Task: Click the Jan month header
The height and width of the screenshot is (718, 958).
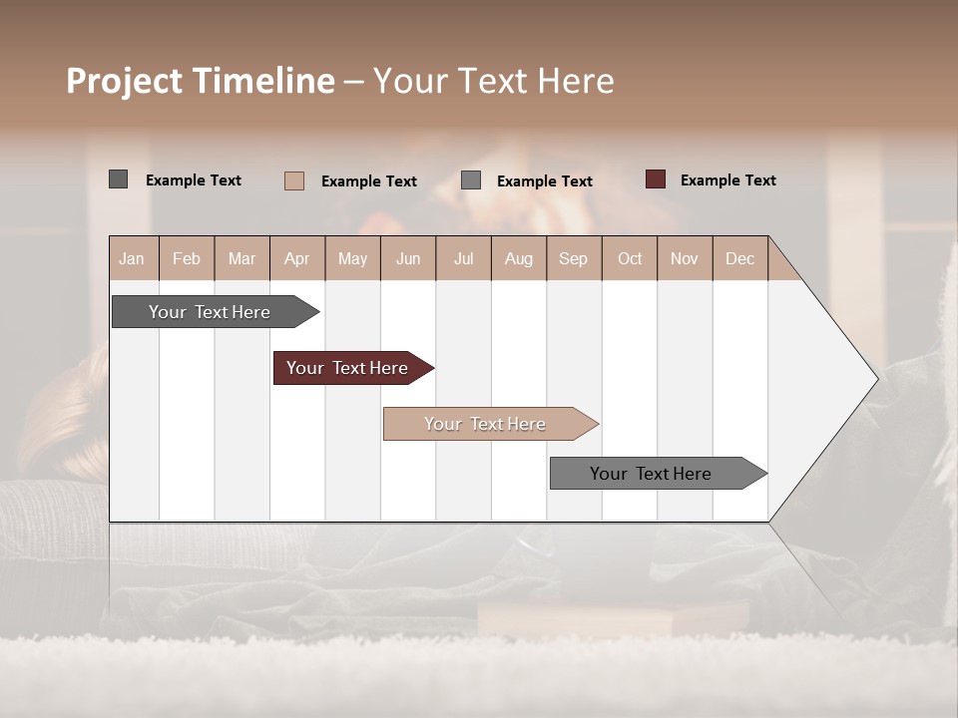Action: coord(132,258)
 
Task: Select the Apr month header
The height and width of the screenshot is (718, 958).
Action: coord(296,258)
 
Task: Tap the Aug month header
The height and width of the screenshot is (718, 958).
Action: coord(518,258)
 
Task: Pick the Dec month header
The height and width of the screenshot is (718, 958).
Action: coord(739,258)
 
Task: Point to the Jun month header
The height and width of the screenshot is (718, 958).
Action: coord(407,258)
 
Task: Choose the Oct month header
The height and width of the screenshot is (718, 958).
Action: coord(629,258)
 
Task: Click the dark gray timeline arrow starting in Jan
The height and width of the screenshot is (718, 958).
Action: coord(210,312)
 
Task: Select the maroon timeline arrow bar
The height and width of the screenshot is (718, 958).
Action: coord(347,368)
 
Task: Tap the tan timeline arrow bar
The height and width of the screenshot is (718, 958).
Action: coord(485,424)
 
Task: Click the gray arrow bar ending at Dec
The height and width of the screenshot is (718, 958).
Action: coord(651,474)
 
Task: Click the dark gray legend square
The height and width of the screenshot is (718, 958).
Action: coord(118,179)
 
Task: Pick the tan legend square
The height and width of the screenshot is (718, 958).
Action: coord(293,180)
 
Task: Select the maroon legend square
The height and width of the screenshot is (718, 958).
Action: coord(655,179)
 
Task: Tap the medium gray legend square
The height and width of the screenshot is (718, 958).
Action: coord(471,180)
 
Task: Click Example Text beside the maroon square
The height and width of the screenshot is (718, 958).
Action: coord(727,179)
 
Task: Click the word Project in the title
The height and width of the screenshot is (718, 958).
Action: coord(124,81)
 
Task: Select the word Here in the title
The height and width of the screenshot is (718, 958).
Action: coord(576,81)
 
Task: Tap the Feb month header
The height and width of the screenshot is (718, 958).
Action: coord(187,258)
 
